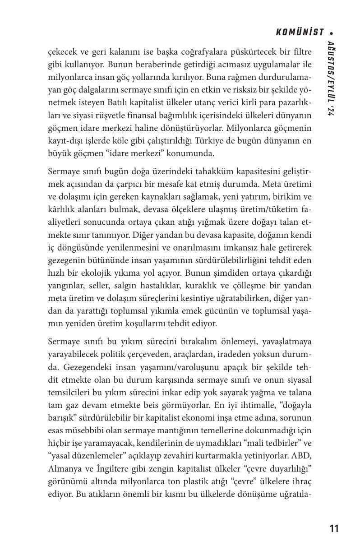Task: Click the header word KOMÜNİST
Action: point(300,32)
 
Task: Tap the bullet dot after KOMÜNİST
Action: point(332,33)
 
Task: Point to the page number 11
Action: point(334,528)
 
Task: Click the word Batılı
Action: point(162,102)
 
